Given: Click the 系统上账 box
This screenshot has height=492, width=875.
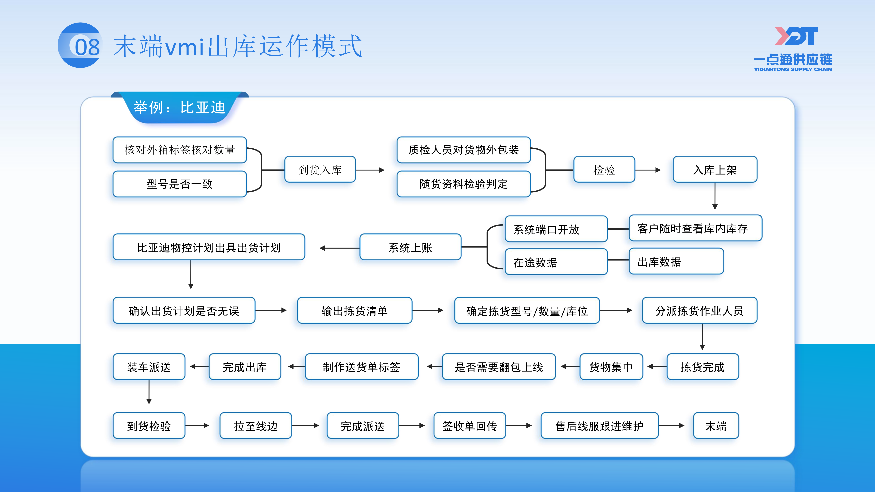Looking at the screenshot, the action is [410, 247].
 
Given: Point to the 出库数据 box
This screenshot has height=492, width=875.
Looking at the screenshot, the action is [676, 261].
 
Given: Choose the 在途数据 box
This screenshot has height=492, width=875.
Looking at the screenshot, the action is [556, 262].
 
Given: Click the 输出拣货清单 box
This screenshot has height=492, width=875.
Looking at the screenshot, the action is [355, 310].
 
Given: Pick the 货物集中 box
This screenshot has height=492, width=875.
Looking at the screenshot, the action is [611, 367].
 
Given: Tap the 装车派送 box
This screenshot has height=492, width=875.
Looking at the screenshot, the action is [149, 367].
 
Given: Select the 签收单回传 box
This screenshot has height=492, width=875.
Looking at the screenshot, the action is [469, 425].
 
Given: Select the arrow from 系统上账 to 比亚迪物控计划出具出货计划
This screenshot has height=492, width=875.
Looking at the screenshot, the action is [339, 248].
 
